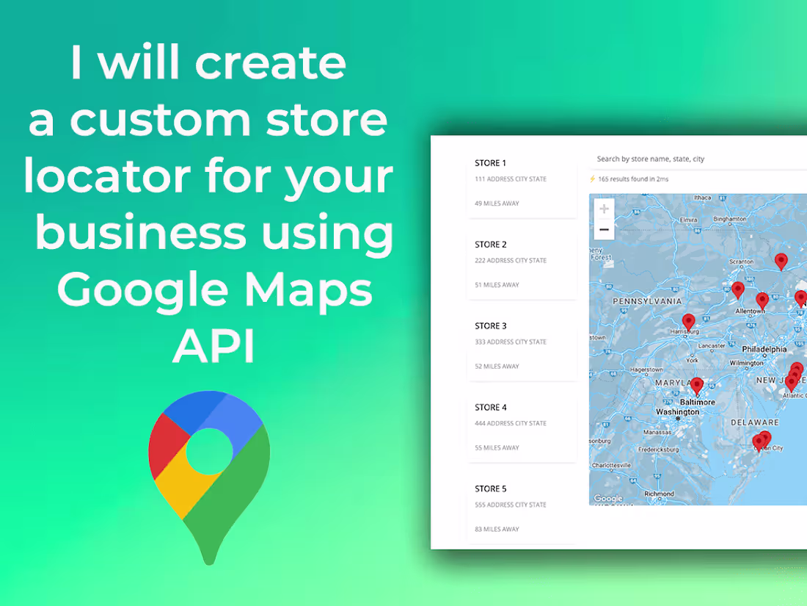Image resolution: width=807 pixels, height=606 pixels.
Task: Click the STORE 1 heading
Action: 490,163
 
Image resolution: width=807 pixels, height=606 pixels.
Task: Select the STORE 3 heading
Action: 490,326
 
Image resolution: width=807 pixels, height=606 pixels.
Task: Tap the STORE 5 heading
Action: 490,489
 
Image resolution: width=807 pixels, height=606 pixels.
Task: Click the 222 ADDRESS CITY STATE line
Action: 510,261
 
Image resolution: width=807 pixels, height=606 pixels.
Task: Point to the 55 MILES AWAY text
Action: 497,448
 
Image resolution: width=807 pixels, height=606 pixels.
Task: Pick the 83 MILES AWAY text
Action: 497,530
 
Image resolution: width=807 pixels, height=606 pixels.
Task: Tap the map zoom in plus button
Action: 604,209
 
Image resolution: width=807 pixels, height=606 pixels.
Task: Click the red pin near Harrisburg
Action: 688,322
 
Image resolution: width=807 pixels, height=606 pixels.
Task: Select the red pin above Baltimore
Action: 697,385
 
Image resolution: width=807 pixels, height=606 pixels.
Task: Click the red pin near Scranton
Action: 781,260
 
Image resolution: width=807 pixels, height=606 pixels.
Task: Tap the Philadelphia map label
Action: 764,350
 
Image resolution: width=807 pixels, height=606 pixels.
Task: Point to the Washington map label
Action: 677,412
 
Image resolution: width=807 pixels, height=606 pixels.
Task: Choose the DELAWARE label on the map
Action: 754,422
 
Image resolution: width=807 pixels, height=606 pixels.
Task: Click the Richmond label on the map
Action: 659,494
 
